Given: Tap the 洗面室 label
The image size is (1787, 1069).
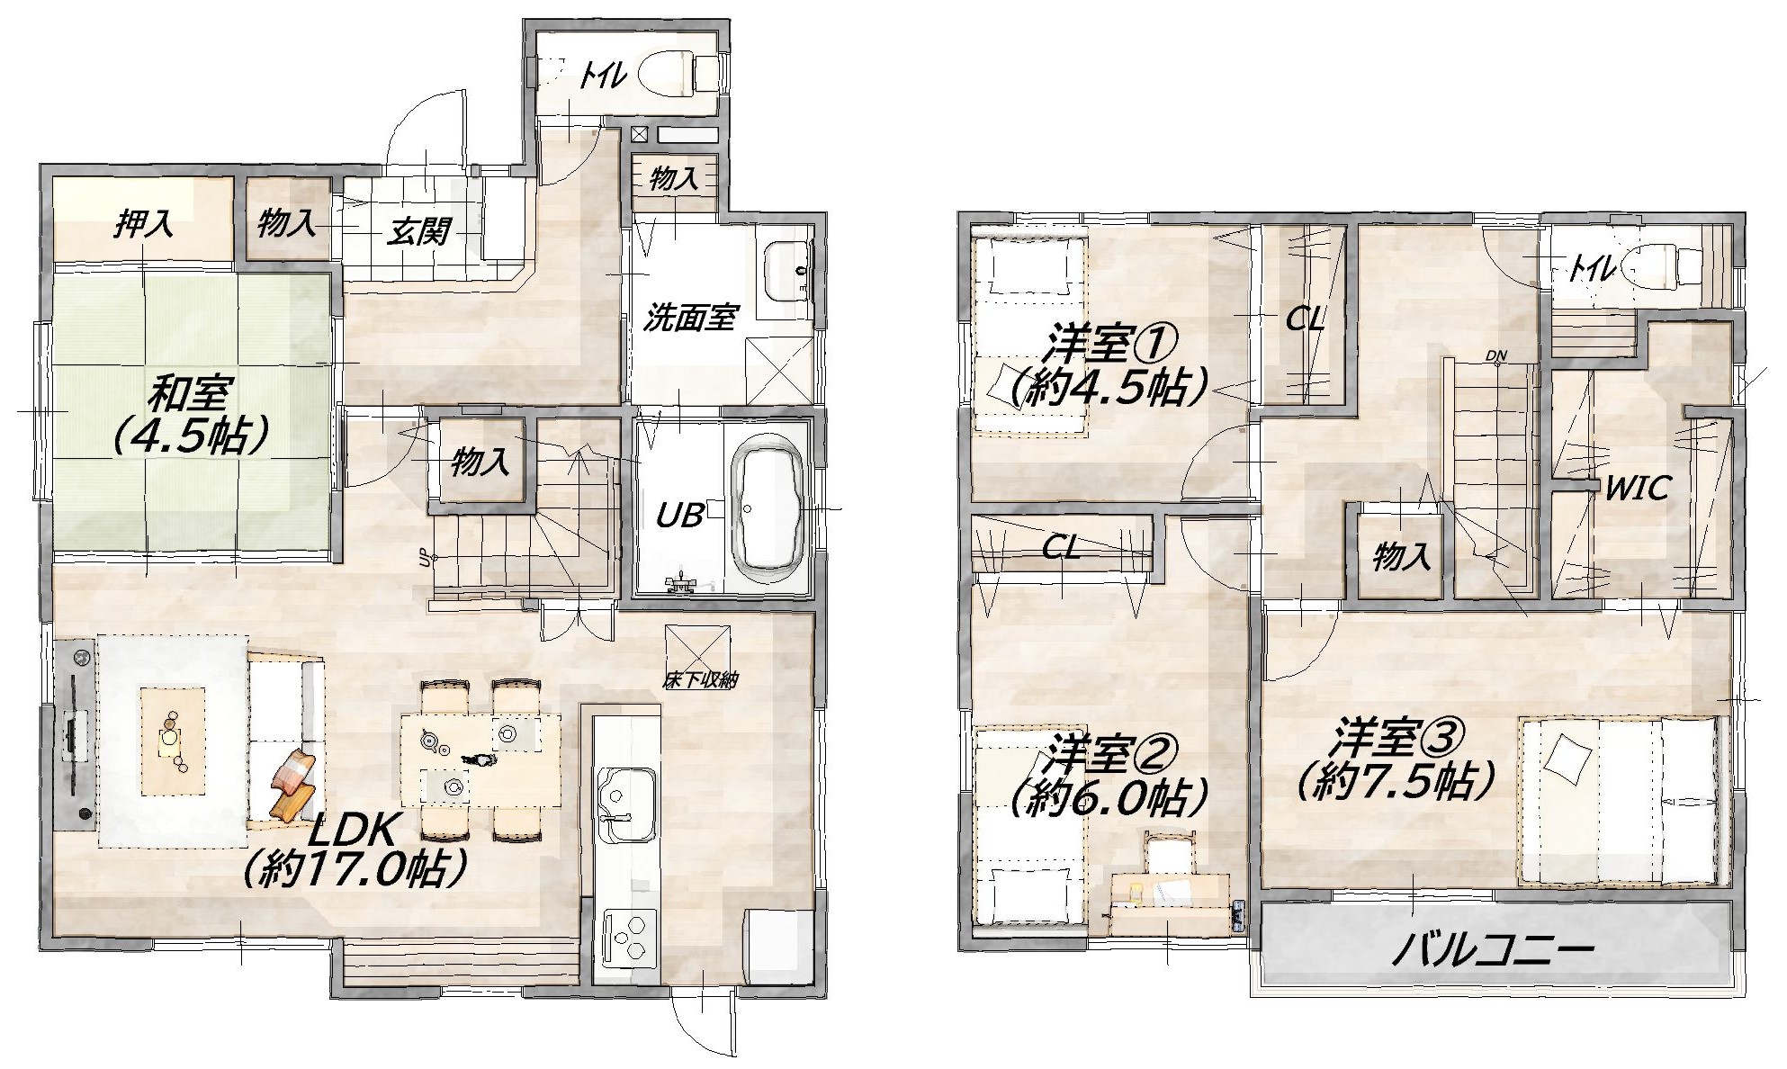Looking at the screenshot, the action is click(x=690, y=318).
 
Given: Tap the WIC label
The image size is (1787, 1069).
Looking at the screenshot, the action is click(x=1638, y=489).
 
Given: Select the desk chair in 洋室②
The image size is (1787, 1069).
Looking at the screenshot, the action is click(x=1169, y=854).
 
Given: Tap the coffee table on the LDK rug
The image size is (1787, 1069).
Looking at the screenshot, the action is click(x=172, y=741).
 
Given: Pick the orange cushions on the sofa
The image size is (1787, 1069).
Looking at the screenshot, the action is click(x=293, y=786).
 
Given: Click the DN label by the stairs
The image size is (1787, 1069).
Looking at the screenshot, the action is click(x=1495, y=355).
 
